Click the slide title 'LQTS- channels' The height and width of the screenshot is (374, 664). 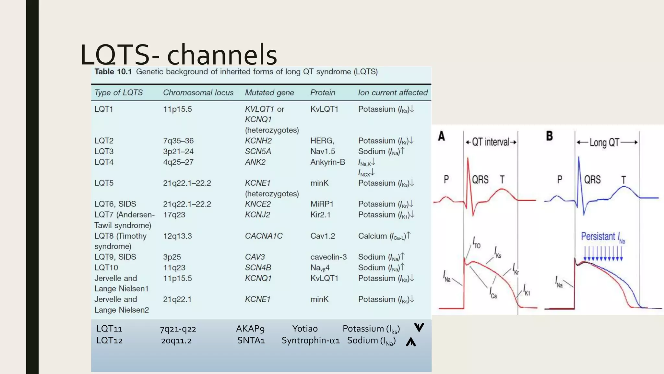click(179, 54)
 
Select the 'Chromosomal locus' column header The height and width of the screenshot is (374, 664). click(198, 93)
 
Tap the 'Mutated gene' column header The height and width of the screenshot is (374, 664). click(269, 93)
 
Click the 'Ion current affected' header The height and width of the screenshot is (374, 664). click(393, 93)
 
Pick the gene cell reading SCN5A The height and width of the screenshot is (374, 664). click(258, 151)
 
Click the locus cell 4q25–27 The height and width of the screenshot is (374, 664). click(178, 162)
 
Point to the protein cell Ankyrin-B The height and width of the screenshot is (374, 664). click(327, 162)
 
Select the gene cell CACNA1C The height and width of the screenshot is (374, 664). click(264, 236)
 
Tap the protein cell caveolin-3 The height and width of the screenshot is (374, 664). click(328, 257)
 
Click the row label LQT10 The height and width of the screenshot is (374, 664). click(106, 268)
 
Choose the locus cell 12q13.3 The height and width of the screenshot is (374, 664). click(177, 236)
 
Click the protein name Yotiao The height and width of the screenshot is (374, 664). click(305, 329)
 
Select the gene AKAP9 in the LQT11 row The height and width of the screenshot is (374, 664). click(250, 329)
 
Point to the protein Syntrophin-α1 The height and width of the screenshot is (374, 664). click(311, 340)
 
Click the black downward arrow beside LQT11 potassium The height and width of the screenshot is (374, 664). click(419, 327)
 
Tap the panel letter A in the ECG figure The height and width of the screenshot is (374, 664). click(441, 136)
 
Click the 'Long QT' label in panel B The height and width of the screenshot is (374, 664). click(604, 143)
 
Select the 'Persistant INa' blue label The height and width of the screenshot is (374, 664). click(602, 237)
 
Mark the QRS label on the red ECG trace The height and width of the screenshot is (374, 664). click(480, 180)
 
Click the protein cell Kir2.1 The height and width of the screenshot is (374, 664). click(320, 215)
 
